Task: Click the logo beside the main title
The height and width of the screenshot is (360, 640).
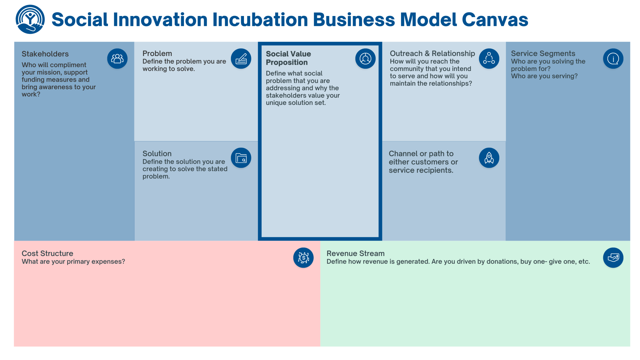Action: pos(30,19)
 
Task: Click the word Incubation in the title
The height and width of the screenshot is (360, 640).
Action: pos(260,19)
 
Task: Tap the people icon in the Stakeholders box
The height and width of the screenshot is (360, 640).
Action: pos(117,59)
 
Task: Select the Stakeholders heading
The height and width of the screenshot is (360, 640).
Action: pos(45,54)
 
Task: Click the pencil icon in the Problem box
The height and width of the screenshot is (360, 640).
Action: pos(241,59)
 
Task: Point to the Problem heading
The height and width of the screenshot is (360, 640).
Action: pos(157,53)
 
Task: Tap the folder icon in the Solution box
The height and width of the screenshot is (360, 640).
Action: pos(241,158)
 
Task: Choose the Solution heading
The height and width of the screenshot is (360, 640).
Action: pos(157,154)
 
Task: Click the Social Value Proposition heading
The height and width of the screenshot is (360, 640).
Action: pos(288,58)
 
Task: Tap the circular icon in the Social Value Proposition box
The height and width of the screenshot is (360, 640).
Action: pos(365,59)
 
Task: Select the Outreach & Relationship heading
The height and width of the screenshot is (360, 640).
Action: pos(432,53)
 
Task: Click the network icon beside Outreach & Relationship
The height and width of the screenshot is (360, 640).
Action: pos(489,59)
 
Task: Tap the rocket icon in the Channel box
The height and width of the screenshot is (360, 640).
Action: pos(489,158)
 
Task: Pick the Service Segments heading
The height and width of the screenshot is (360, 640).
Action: pos(543,53)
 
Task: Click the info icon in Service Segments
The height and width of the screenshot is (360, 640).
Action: pos(613,59)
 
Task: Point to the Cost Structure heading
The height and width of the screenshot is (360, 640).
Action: pos(47,253)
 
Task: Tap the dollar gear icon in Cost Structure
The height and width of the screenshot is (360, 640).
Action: pos(303,258)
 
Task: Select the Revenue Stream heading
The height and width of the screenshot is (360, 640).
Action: pos(355,253)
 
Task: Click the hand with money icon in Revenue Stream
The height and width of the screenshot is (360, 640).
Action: pos(613,258)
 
